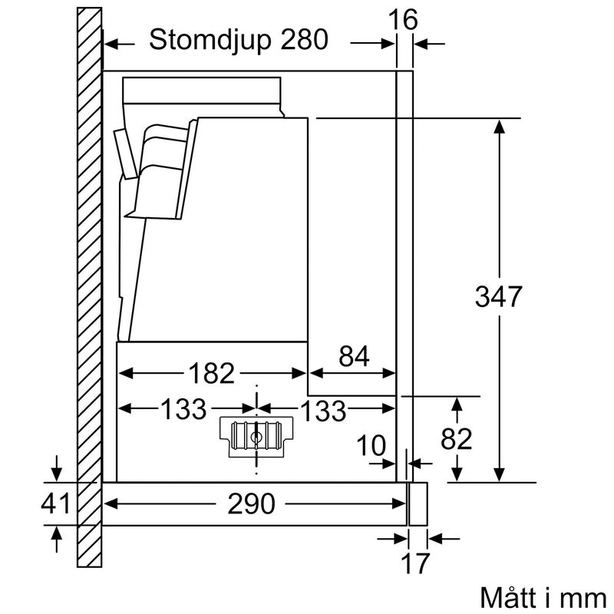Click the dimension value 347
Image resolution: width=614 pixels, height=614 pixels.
498,296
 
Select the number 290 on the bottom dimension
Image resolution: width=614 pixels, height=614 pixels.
252,503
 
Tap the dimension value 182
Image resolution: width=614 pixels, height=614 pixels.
212,373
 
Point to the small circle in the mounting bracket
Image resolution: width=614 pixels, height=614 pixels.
256,438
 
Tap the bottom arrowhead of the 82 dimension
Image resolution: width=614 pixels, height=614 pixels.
458,474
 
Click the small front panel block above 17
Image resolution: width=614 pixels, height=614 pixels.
418,503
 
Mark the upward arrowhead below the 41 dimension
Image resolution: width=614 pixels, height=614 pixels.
54,531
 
